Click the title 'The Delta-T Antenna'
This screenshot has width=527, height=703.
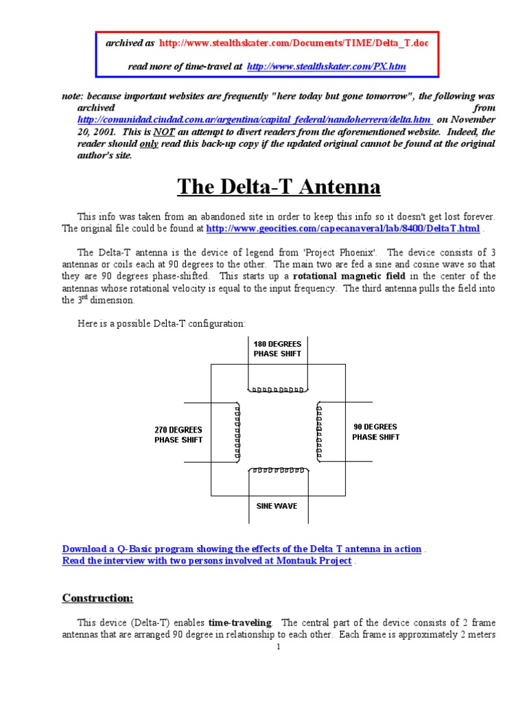pos(279,186)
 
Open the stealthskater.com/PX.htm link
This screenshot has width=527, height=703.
pos(326,67)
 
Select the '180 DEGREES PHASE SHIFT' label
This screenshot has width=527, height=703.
pos(277,348)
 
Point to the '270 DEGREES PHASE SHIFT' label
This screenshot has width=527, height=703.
pos(178,435)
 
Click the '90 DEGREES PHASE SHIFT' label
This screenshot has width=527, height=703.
pos(375,431)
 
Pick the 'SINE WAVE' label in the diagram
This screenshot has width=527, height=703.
pos(277,506)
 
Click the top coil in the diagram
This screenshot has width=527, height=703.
pos(278,390)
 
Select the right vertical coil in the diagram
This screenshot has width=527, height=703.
pos(318,431)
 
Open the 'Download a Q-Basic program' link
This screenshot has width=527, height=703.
pos(242,549)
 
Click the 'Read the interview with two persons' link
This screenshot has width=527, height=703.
pos(207,561)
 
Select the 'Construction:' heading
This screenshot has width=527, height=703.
pos(98,598)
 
